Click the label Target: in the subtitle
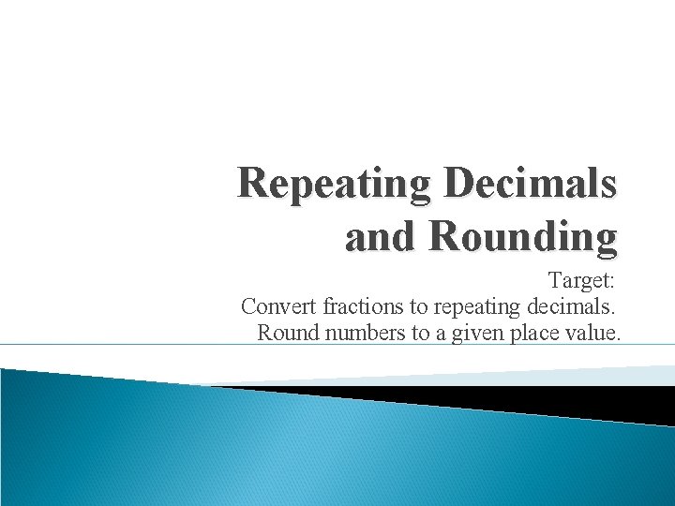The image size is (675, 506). (x=581, y=280)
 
